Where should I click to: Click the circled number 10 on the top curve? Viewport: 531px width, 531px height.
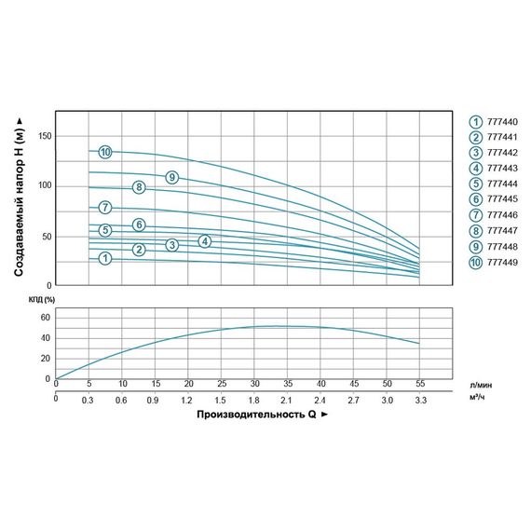pos(105,152)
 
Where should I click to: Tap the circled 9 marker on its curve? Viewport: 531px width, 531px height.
pos(171,178)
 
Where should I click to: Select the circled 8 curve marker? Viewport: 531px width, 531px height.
pos(139,187)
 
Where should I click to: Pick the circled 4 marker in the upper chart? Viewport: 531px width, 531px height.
pos(206,241)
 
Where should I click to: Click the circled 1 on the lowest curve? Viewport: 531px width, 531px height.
pos(105,257)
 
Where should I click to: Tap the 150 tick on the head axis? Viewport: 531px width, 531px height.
pos(44,137)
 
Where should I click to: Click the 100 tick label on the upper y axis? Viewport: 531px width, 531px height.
pos(44,186)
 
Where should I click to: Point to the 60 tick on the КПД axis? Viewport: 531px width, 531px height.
pos(43,318)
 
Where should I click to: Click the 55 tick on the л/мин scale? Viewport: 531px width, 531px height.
pos(419,384)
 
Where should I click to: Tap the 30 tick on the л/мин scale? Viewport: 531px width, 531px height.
pos(254,384)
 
